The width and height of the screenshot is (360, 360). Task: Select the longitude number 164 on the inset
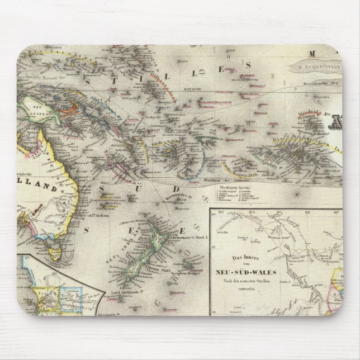[x=252, y=213]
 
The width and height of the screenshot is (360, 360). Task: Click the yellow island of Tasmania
[x=55, y=254]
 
